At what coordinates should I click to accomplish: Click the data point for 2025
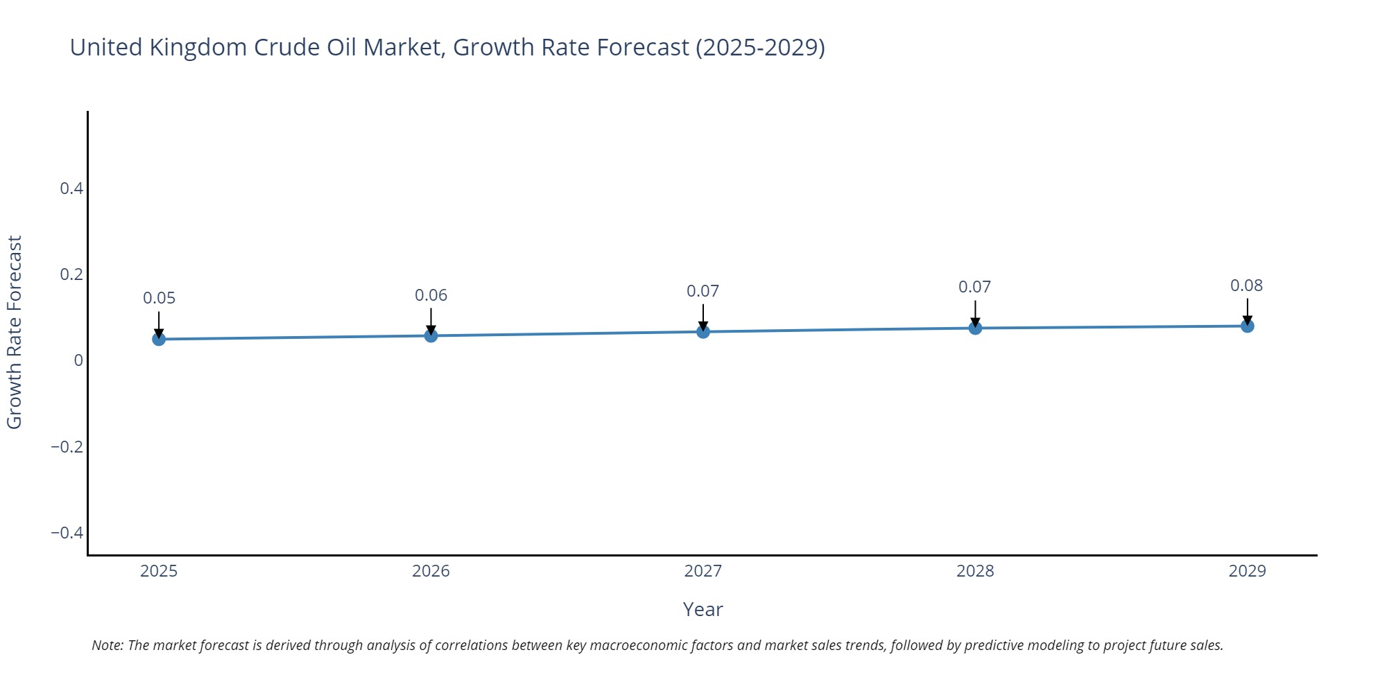pyautogui.click(x=159, y=339)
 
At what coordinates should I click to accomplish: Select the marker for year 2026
pyautogui.click(x=431, y=336)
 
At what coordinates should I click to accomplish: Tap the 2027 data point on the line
pyautogui.click(x=703, y=332)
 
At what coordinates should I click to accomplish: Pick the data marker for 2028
pyautogui.click(x=975, y=328)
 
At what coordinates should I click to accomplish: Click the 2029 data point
pyautogui.click(x=1247, y=326)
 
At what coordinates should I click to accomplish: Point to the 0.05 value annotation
pyautogui.click(x=159, y=298)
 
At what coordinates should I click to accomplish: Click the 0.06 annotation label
pyautogui.click(x=431, y=295)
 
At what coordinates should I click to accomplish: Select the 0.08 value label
pyautogui.click(x=1246, y=286)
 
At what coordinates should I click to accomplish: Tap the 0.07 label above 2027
pyautogui.click(x=703, y=291)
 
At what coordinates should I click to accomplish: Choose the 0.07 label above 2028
pyautogui.click(x=974, y=287)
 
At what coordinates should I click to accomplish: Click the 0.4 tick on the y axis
pyautogui.click(x=71, y=188)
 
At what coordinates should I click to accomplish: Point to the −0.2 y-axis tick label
pyautogui.click(x=67, y=447)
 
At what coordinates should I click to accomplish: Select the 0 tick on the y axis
pyautogui.click(x=78, y=360)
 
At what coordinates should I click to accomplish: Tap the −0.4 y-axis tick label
pyautogui.click(x=67, y=533)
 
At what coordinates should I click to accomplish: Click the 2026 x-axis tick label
pyautogui.click(x=431, y=571)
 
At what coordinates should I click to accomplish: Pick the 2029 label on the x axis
pyautogui.click(x=1247, y=571)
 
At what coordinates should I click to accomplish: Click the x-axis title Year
pyautogui.click(x=703, y=610)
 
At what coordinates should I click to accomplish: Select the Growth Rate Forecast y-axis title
pyautogui.click(x=15, y=332)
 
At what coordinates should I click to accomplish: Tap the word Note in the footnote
pyautogui.click(x=107, y=645)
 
